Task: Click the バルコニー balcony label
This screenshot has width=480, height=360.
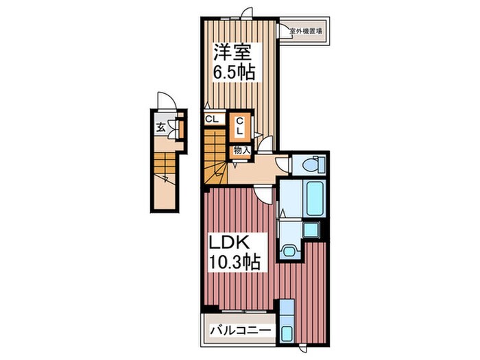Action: pyautogui.click(x=239, y=331)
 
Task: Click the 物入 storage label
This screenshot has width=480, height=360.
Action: pyautogui.click(x=241, y=149)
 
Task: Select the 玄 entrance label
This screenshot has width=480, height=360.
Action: pyautogui.click(x=160, y=127)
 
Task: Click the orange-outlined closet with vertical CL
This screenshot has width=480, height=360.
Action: pyautogui.click(x=241, y=127)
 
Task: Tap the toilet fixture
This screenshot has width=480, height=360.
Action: pyautogui.click(x=309, y=165)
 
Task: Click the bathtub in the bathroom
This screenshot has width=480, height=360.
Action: pyautogui.click(x=313, y=198)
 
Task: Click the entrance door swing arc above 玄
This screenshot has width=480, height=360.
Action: pyautogui.click(x=165, y=100)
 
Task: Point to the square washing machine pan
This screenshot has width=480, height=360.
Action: pyautogui.click(x=312, y=229)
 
